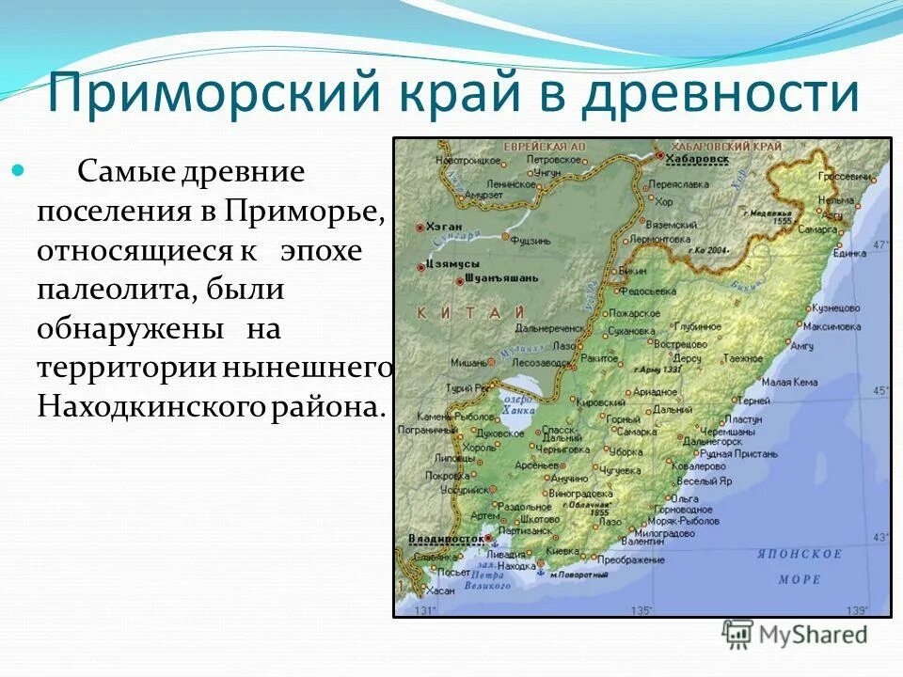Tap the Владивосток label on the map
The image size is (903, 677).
[446, 539]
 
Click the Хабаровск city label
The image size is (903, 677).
[697, 160]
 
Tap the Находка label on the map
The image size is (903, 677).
[516, 566]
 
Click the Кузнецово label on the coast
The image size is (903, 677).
[836, 307]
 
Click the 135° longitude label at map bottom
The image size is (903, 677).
[641, 610]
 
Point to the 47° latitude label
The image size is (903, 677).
[880, 244]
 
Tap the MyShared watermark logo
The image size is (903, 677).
[795, 635]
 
